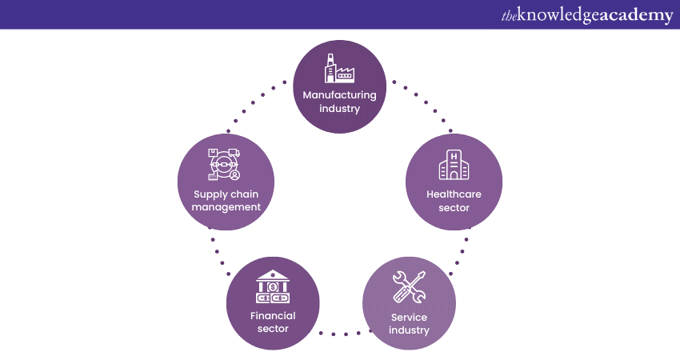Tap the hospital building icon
coord(454,166)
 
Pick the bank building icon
coord(273,286)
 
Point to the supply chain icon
coord(224,165)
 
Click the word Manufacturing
coord(339,95)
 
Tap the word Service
coord(410,317)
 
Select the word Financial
coord(273,315)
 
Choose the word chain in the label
coord(244,193)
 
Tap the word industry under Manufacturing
coord(339,109)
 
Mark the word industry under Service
coord(410,330)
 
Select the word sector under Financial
coord(273,329)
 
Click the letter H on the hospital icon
coord(454,155)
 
